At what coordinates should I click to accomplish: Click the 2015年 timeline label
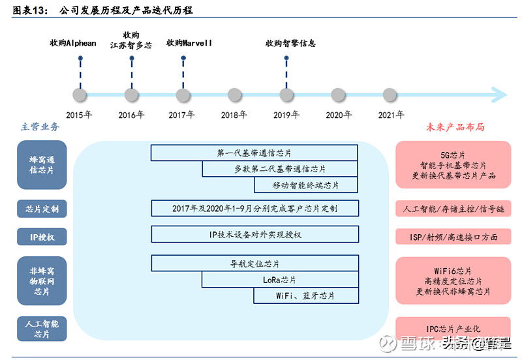[x=79, y=115]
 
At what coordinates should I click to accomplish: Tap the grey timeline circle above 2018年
[x=235, y=95]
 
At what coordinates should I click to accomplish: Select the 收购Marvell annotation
[x=189, y=43]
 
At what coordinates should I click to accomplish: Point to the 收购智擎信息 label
[x=290, y=43]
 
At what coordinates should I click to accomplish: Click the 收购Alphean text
[x=73, y=43]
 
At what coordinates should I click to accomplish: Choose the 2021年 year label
[x=391, y=115]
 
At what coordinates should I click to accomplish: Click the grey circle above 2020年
[x=338, y=95]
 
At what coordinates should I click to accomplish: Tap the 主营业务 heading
[x=40, y=127]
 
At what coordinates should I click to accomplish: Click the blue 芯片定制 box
[x=42, y=209]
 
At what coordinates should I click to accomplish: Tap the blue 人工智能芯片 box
[x=42, y=329]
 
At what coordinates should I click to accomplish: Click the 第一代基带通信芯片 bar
[x=254, y=153]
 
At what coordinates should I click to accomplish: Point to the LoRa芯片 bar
[x=279, y=280]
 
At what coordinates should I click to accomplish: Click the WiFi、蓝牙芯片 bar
[x=305, y=296]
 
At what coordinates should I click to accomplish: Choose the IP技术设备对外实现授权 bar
[x=254, y=235]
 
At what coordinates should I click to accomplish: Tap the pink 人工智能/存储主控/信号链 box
[x=453, y=209]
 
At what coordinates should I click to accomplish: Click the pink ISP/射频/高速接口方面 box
[x=453, y=236]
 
